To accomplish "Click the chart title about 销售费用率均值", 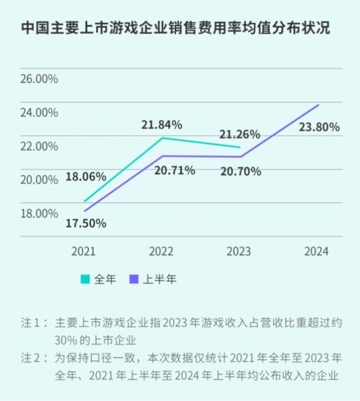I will [x=175, y=29].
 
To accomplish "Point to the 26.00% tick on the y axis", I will [x=40, y=79].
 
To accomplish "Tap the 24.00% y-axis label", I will [x=40, y=112].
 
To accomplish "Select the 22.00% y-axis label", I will [x=40, y=145].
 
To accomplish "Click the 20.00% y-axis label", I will [x=40, y=180].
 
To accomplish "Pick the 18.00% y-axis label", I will [x=40, y=213].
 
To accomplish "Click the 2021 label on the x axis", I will [x=84, y=252].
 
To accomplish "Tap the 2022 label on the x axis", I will [x=161, y=252].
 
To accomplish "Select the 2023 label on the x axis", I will [x=238, y=252].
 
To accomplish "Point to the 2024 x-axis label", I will [x=316, y=252].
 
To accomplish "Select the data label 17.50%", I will [x=86, y=223].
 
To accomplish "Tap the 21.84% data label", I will [x=162, y=124].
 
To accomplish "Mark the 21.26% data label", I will [x=240, y=134].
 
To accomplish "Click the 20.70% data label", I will [x=240, y=171].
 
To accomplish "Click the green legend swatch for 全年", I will [x=85, y=279].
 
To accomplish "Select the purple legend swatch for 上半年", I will [x=134, y=279].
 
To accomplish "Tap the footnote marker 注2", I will [x=32, y=358].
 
